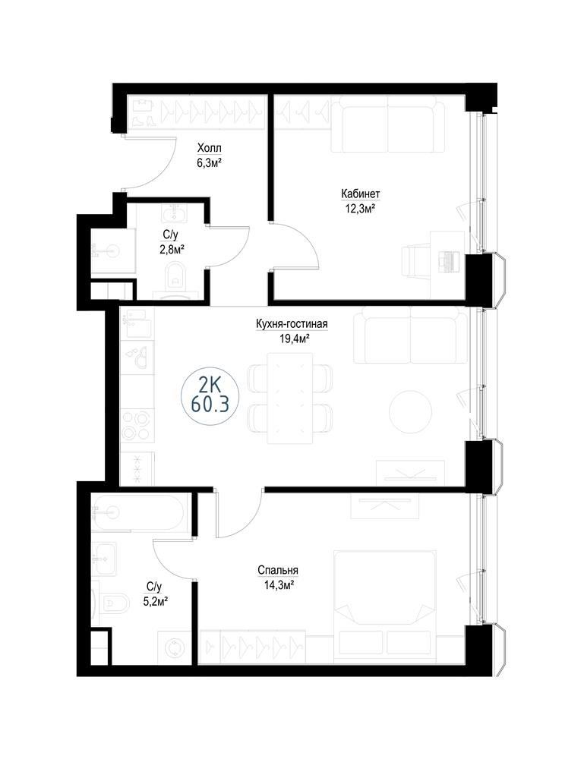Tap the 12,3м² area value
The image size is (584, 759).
360,209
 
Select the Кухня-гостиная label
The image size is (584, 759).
292,324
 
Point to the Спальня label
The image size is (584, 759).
277,570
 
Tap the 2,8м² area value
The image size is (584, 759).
170,249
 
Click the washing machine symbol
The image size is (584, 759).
172,647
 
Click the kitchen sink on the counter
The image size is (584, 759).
137,357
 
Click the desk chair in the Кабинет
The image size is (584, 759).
415,262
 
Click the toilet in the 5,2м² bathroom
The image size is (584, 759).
113,603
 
